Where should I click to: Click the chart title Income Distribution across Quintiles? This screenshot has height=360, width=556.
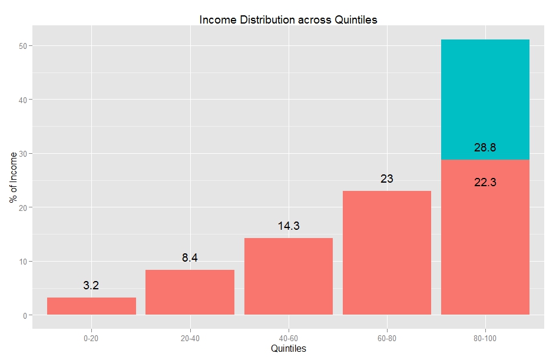[288, 19]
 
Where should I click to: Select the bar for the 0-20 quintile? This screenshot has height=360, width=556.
[91, 306]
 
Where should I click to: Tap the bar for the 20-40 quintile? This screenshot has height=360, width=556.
[190, 292]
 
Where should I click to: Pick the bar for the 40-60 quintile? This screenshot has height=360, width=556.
[288, 276]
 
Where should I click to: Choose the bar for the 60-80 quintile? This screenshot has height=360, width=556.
[386, 253]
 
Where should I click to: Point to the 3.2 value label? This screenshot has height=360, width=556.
[91, 286]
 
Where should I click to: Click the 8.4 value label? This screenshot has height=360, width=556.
[190, 257]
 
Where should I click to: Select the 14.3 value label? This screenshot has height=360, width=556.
[289, 226]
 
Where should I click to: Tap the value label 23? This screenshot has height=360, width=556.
[386, 179]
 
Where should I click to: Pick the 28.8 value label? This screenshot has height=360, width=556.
[485, 148]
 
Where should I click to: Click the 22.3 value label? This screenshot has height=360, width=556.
[485, 183]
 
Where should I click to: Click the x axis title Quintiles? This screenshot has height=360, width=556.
[288, 349]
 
